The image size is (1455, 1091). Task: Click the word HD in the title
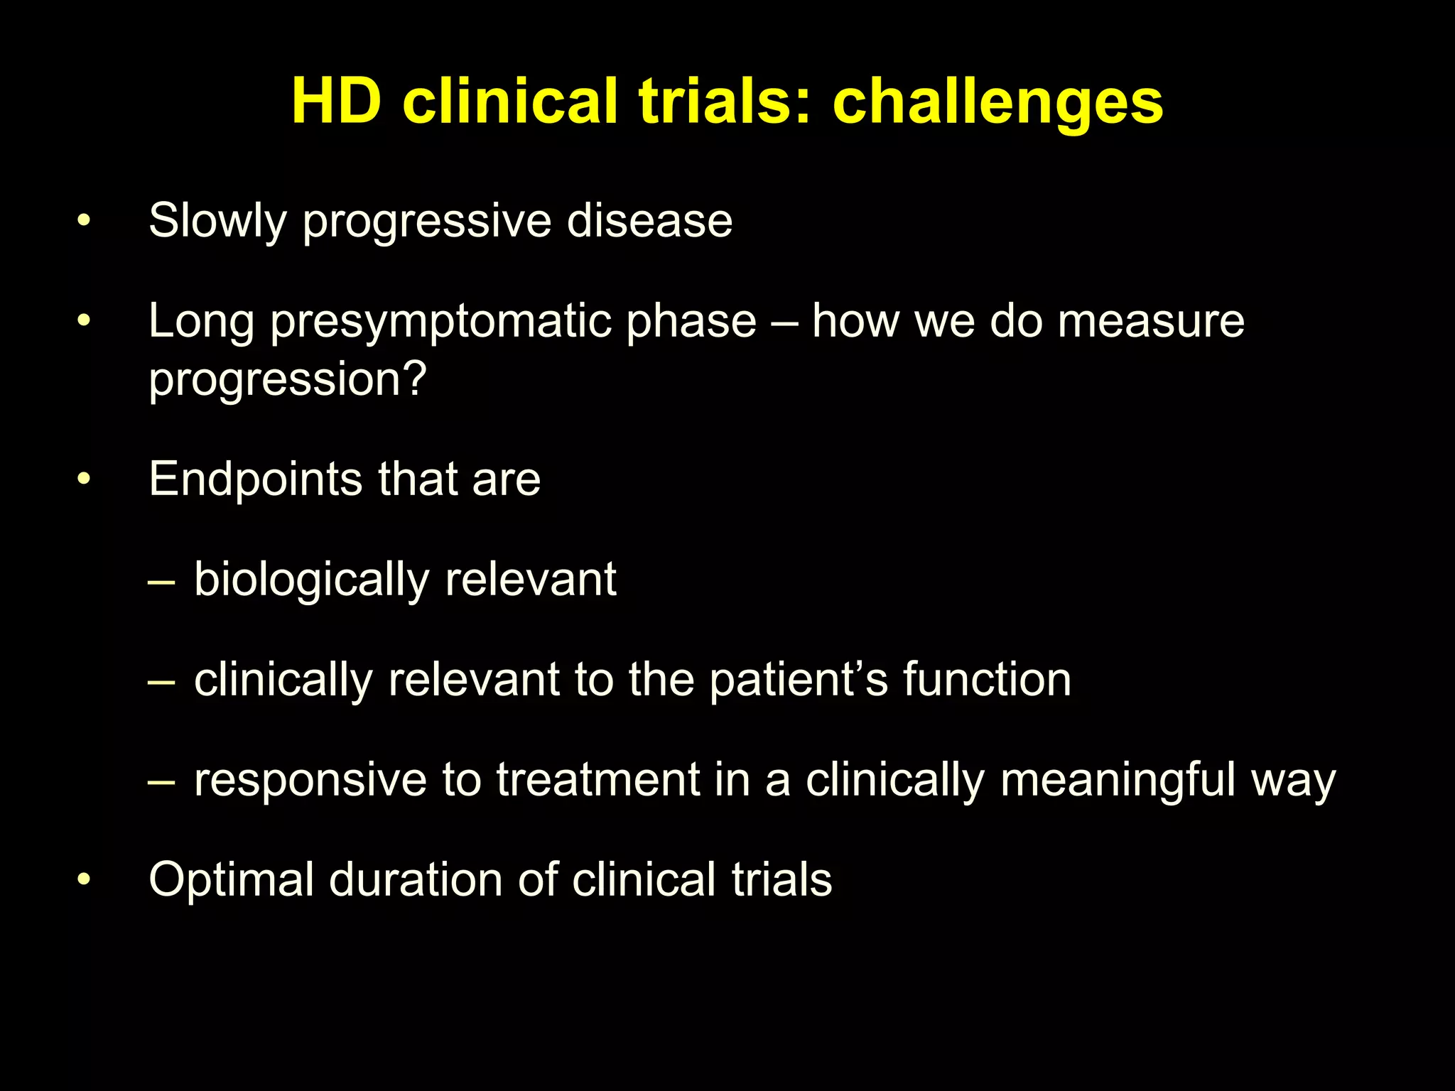pyautogui.click(x=336, y=102)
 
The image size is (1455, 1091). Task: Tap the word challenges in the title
pyautogui.click(x=997, y=104)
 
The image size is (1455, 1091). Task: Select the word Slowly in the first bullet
pyautogui.click(x=217, y=221)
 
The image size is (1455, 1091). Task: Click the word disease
pyautogui.click(x=649, y=220)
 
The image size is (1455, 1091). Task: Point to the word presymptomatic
pyautogui.click(x=442, y=322)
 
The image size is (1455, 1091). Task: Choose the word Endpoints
pyautogui.click(x=255, y=479)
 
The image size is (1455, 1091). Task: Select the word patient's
pyautogui.click(x=799, y=680)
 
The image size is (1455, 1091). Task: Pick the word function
pyautogui.click(x=987, y=680)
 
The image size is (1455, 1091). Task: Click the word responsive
pyautogui.click(x=310, y=780)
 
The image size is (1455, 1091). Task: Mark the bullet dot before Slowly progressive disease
pyautogui.click(x=84, y=221)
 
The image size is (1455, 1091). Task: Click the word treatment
pyautogui.click(x=598, y=780)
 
